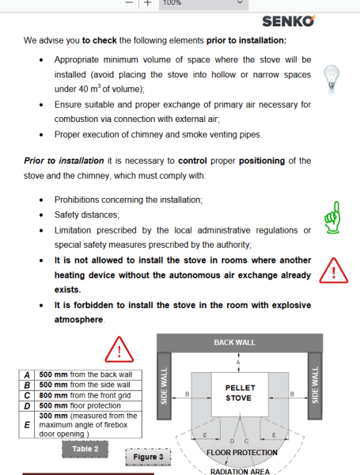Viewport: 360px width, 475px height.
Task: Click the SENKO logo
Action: [288, 21]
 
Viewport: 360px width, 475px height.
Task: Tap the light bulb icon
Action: [332, 79]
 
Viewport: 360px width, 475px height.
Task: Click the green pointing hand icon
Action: [332, 218]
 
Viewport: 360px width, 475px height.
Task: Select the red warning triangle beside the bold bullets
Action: [334, 271]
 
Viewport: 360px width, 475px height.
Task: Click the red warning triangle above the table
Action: [119, 349]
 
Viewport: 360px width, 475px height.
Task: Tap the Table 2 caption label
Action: [85, 449]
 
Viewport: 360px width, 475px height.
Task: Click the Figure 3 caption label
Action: [148, 457]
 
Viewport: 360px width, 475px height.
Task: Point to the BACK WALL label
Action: [235, 342]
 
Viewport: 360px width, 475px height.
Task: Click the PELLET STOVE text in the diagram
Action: [240, 393]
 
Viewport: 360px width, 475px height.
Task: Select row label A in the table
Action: [27, 375]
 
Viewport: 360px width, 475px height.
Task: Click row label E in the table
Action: [27, 424]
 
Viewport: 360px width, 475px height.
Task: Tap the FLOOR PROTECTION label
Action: [242, 453]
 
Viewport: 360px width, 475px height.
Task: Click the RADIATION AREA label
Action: [240, 471]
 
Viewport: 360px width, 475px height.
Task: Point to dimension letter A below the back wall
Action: [238, 363]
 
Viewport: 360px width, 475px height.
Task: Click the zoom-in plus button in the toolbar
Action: [147, 3]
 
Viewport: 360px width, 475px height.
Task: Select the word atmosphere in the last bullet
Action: [78, 320]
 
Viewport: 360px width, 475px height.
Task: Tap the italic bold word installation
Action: [81, 161]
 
